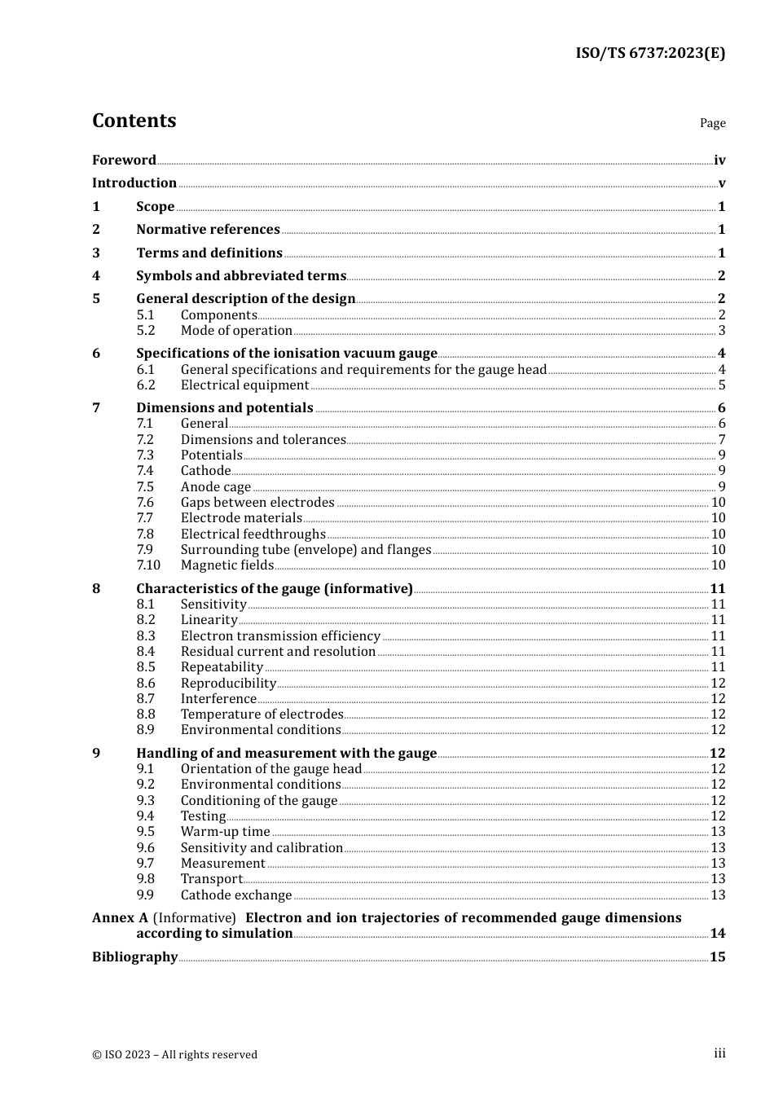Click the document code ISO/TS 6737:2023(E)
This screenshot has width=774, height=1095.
click(650, 53)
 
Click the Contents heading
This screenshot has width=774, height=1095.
click(134, 121)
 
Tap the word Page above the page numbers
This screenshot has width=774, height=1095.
click(712, 123)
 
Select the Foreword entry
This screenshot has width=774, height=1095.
click(124, 161)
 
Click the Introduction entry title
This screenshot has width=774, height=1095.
click(134, 183)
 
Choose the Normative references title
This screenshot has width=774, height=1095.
click(208, 230)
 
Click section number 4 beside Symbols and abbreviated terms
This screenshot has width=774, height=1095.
click(96, 276)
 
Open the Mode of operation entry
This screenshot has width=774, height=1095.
click(236, 331)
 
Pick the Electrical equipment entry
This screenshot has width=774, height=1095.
click(244, 385)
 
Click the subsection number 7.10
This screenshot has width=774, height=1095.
click(148, 565)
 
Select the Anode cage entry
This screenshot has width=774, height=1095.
click(215, 487)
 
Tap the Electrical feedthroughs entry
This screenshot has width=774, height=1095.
click(253, 534)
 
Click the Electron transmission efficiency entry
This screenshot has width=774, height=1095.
click(280, 636)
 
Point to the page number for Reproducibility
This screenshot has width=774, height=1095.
click(718, 684)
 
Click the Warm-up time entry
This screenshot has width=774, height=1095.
click(225, 832)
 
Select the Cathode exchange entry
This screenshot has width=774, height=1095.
click(235, 895)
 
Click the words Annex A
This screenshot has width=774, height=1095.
click(120, 918)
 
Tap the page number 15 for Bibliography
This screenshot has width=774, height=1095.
click(717, 957)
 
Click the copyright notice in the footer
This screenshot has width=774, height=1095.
click(174, 1055)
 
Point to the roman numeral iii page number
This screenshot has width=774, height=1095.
click(719, 1053)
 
